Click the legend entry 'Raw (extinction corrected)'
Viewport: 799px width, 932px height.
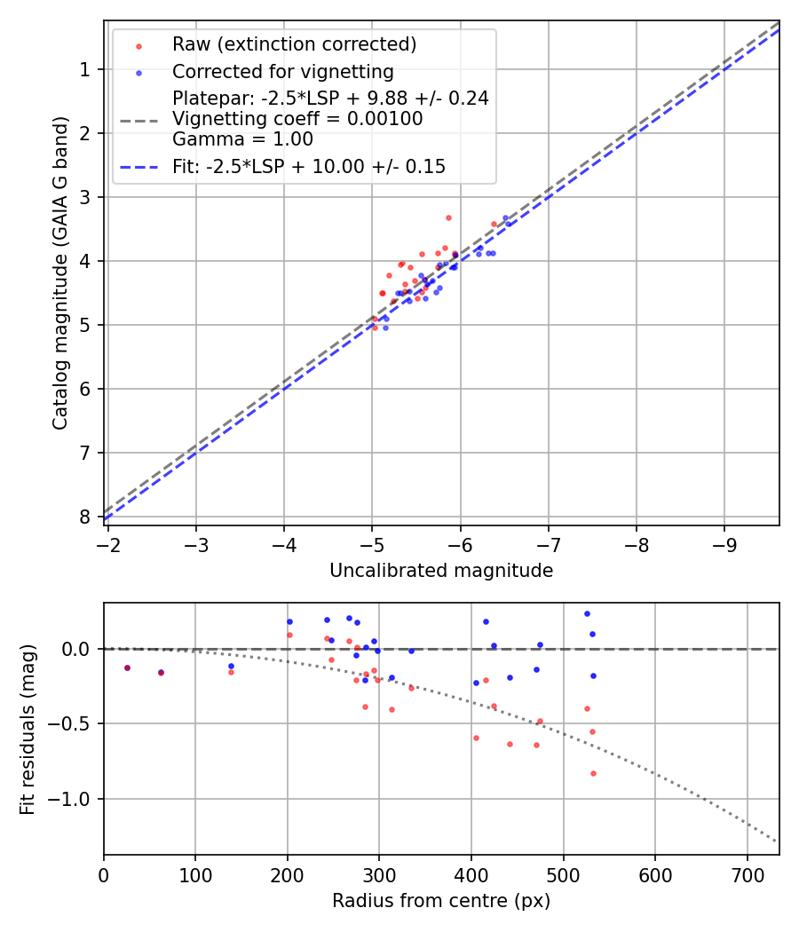pyautogui.click(x=294, y=44)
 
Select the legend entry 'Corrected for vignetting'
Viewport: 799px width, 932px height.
pyautogui.click(x=282, y=71)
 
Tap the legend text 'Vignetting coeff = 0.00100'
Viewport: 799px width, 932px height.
pyautogui.click(x=297, y=118)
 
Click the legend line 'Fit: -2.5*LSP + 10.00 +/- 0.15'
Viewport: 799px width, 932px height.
pyautogui.click(x=309, y=166)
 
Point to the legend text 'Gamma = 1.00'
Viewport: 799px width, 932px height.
pyautogui.click(x=242, y=138)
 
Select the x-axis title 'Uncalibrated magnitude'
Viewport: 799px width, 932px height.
pyautogui.click(x=441, y=571)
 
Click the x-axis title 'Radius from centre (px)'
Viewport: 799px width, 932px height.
pyautogui.click(x=441, y=901)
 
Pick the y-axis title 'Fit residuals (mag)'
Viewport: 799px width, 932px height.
pyautogui.click(x=28, y=729)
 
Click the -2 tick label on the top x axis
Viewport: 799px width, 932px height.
pyautogui.click(x=108, y=543)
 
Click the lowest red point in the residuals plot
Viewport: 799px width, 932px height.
pyautogui.click(x=593, y=773)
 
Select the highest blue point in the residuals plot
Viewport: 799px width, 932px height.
pyautogui.click(x=587, y=613)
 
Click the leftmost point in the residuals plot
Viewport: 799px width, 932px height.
pyautogui.click(x=127, y=667)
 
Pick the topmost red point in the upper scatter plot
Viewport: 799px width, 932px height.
pyautogui.click(x=448, y=217)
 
